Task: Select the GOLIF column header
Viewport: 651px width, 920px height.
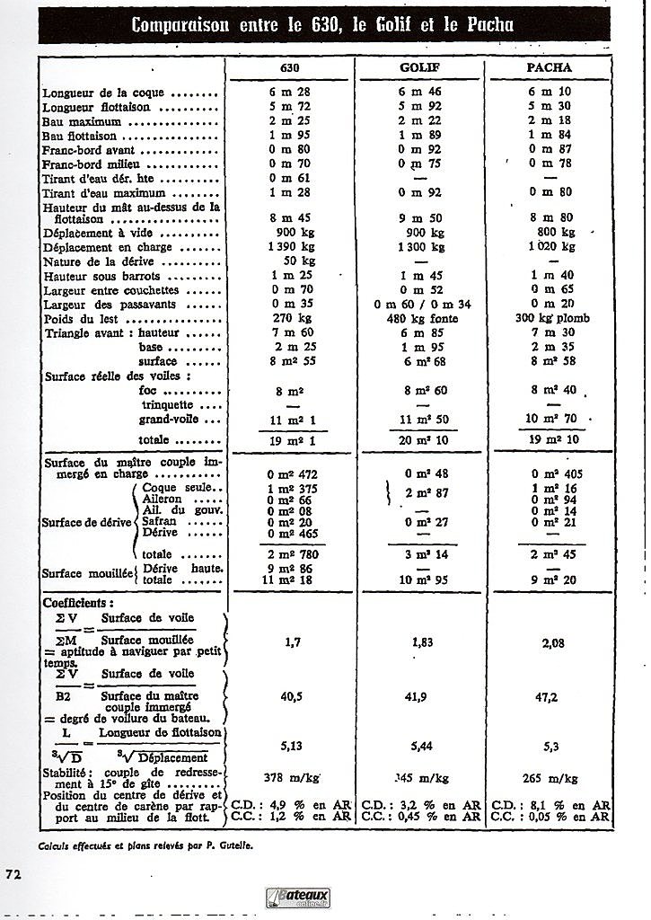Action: [x=418, y=67]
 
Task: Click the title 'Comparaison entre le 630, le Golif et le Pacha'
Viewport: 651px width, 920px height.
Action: [x=322, y=24]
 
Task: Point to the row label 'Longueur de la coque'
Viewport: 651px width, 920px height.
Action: [x=130, y=93]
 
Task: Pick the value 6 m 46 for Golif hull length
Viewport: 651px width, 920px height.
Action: [x=422, y=93]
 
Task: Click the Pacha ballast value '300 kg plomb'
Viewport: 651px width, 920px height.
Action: [x=551, y=319]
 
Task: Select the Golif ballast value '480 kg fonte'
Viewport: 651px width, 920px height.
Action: [x=422, y=319]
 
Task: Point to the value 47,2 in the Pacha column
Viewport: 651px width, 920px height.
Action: [x=550, y=695]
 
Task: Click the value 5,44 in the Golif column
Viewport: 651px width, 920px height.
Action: [x=422, y=745]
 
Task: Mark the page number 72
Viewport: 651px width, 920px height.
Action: [x=13, y=874]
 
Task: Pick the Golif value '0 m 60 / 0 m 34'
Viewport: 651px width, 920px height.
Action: [x=422, y=305]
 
